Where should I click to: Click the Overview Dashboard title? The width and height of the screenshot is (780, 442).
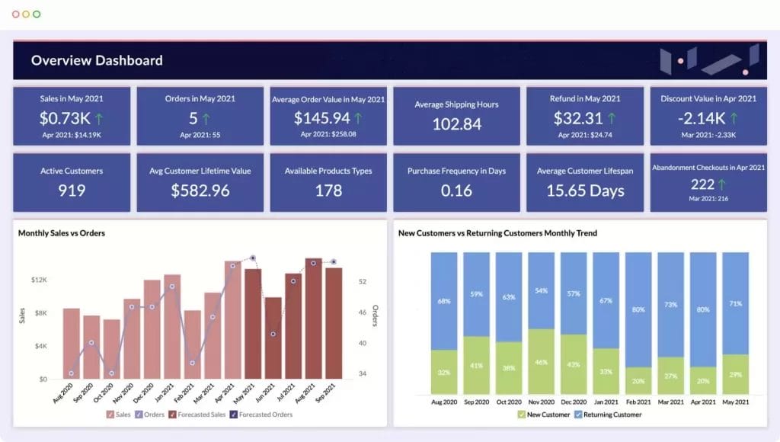(x=97, y=61)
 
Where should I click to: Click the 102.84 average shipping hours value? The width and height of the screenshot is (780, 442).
(x=457, y=124)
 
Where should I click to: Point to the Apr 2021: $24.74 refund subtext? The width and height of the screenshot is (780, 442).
(x=585, y=135)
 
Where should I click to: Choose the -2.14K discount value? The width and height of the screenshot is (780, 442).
(x=700, y=118)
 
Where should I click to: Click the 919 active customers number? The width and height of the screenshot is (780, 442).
(x=72, y=191)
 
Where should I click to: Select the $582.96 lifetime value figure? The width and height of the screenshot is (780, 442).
(x=200, y=191)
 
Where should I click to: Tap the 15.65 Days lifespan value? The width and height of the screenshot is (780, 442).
(x=585, y=191)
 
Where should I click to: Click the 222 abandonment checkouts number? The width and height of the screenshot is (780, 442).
(x=702, y=184)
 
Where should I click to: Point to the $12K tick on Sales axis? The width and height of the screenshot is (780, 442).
(x=38, y=280)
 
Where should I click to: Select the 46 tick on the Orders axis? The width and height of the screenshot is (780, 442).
(x=362, y=312)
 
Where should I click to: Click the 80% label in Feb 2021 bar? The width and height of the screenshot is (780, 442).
(x=638, y=310)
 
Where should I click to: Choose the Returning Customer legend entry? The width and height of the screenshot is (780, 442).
(x=607, y=415)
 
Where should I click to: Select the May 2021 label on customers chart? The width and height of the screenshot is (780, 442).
(x=736, y=401)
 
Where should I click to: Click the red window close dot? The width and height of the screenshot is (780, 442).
(x=15, y=14)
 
